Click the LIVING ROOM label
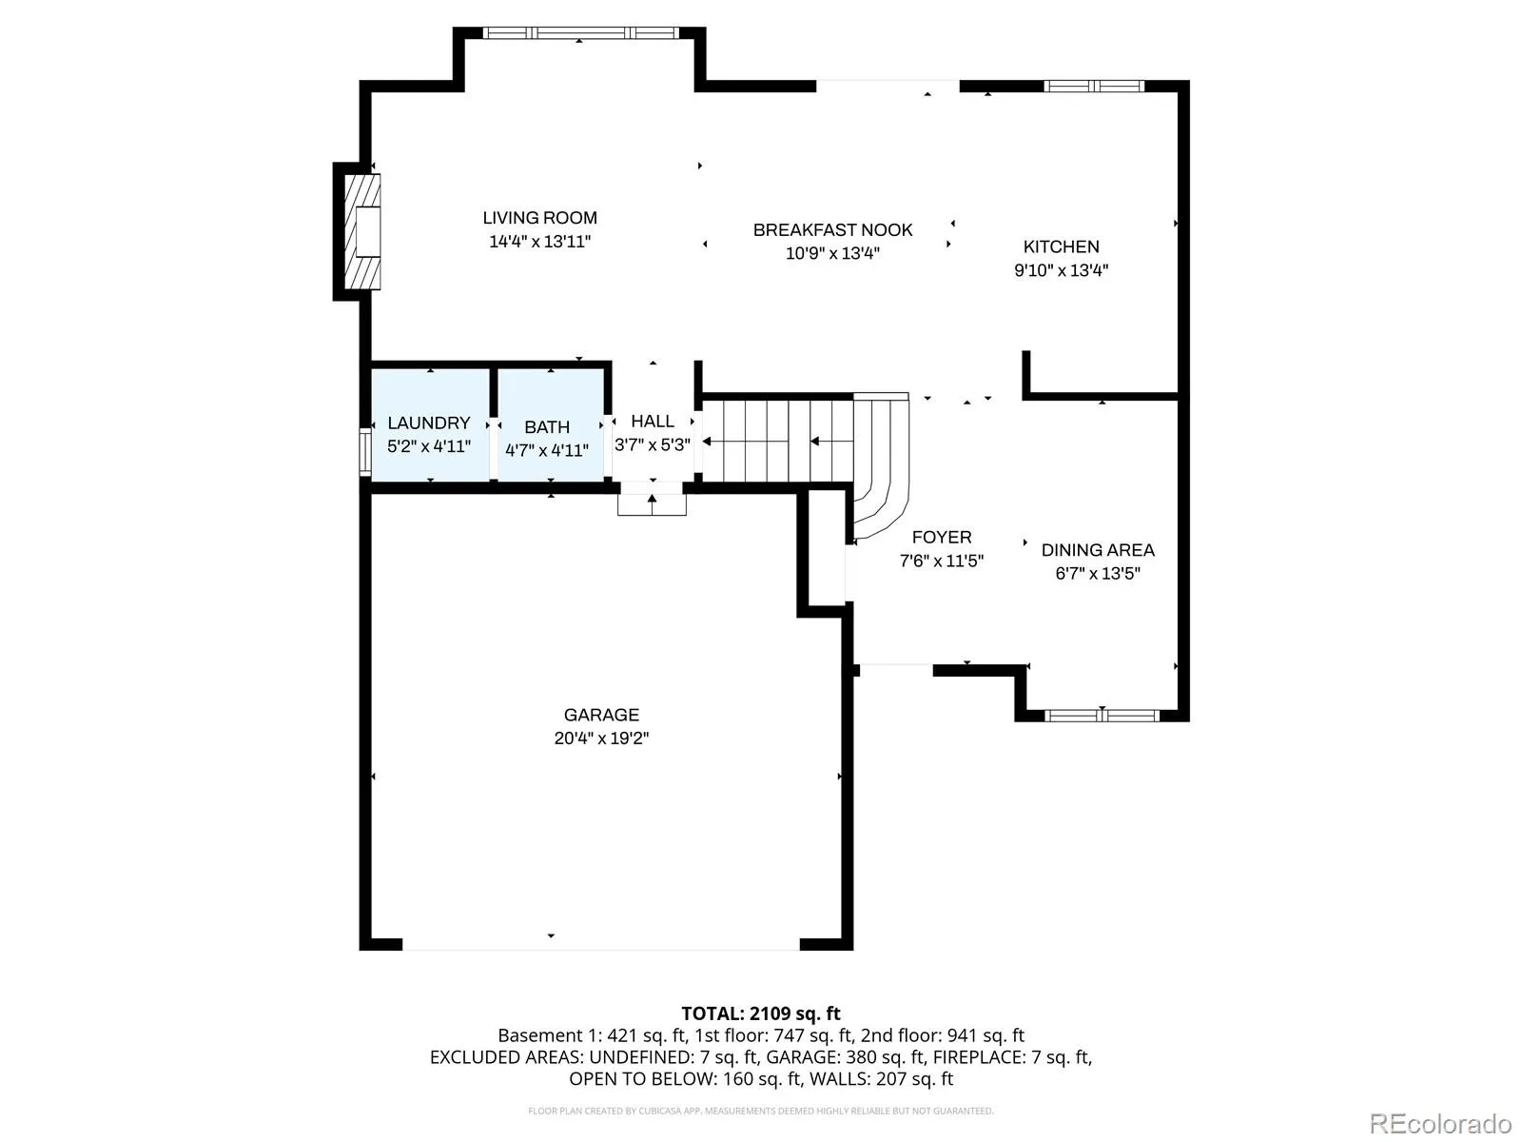tap(539, 218)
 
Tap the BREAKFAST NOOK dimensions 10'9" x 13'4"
tap(832, 253)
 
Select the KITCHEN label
tap(1061, 246)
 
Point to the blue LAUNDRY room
tap(430, 424)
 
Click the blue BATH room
tap(551, 424)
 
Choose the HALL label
tap(652, 421)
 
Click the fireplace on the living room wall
tap(362, 231)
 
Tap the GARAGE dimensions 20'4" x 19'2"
tap(601, 738)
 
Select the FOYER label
tap(941, 537)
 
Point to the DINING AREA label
tap(1098, 550)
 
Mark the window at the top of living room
tap(580, 32)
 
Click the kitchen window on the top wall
tap(1094, 86)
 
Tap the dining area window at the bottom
tap(1102, 716)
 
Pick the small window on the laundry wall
tap(364, 452)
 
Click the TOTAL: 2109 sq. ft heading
tap(761, 1014)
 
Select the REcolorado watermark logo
tap(1440, 1123)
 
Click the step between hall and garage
tap(652, 504)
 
